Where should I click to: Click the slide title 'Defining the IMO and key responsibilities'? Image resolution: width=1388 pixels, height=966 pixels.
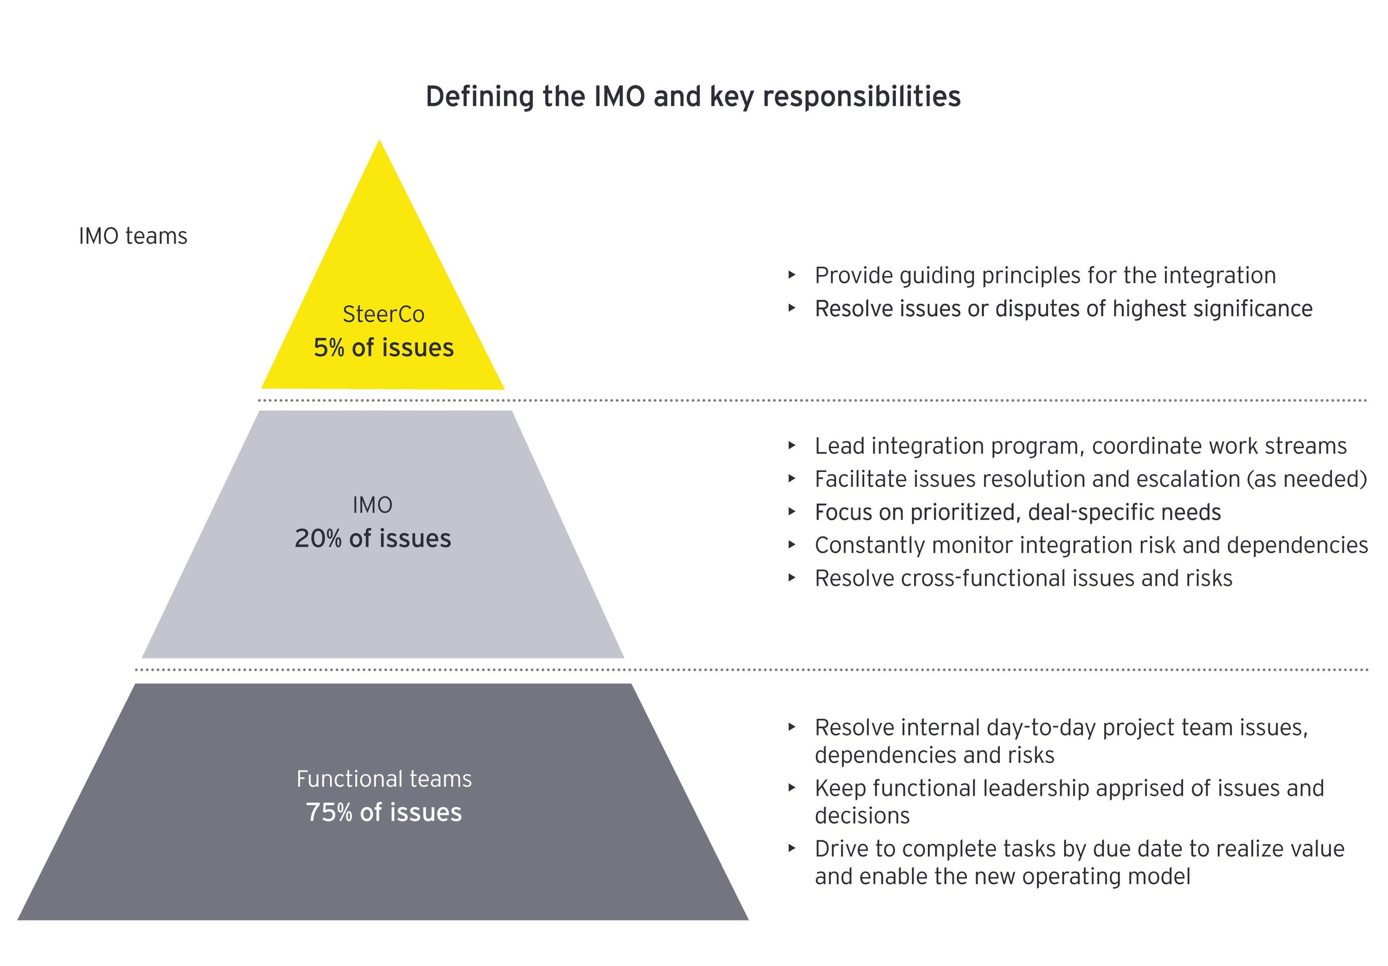click(693, 97)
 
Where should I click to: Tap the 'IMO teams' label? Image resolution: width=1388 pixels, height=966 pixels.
click(133, 236)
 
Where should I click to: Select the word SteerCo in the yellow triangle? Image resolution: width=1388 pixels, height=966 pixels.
click(383, 314)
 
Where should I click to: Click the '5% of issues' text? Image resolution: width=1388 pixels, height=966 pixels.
click(383, 348)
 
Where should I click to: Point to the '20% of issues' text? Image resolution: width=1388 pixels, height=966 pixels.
click(372, 538)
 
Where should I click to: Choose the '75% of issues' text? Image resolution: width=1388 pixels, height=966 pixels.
click(383, 812)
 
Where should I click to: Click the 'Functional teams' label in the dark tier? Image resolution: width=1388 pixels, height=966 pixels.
click(383, 778)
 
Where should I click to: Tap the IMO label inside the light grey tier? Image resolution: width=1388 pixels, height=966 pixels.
click(372, 505)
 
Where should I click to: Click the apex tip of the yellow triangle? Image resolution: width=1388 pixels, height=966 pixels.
click(379, 142)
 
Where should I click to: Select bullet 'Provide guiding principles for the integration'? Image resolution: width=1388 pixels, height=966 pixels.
click(1045, 276)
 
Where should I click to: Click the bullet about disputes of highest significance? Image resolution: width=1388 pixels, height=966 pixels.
click(1063, 309)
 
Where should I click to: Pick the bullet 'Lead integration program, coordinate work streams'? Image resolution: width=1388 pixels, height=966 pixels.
click(1080, 446)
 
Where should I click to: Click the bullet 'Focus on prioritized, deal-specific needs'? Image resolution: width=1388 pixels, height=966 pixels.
click(1017, 513)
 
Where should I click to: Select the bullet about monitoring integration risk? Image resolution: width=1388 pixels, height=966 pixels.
click(1090, 545)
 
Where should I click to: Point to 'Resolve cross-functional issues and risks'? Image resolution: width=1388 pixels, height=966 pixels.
click(1023, 578)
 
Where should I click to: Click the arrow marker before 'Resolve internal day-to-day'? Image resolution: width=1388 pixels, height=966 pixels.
click(792, 727)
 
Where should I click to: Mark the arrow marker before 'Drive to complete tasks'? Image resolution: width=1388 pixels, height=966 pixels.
click(792, 849)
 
